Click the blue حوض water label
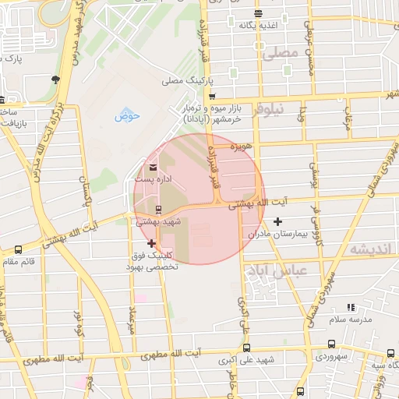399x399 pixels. pos(127,116)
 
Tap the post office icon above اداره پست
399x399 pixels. pos(152,168)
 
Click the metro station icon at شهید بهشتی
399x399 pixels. pos(159,209)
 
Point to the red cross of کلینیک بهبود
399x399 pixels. pos(151,244)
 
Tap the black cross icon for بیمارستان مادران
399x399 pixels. pos(277,222)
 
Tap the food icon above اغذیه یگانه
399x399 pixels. pos(258,13)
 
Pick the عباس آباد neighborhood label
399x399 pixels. pos(277,270)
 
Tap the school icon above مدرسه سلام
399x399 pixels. pos(351,308)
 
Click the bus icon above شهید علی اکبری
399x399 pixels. pos(247,348)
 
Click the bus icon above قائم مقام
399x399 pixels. pos(18,249)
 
